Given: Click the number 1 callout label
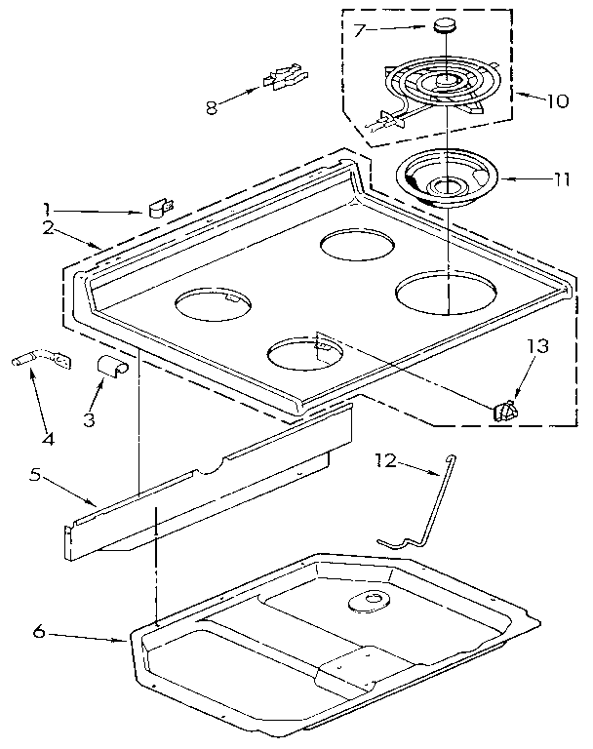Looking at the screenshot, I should (46, 207).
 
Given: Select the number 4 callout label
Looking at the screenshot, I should (48, 438).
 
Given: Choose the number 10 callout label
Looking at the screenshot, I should (557, 100).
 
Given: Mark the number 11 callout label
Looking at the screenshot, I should (559, 179).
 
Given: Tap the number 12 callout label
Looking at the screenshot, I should (387, 462).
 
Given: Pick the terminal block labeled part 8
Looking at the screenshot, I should (281, 77).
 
